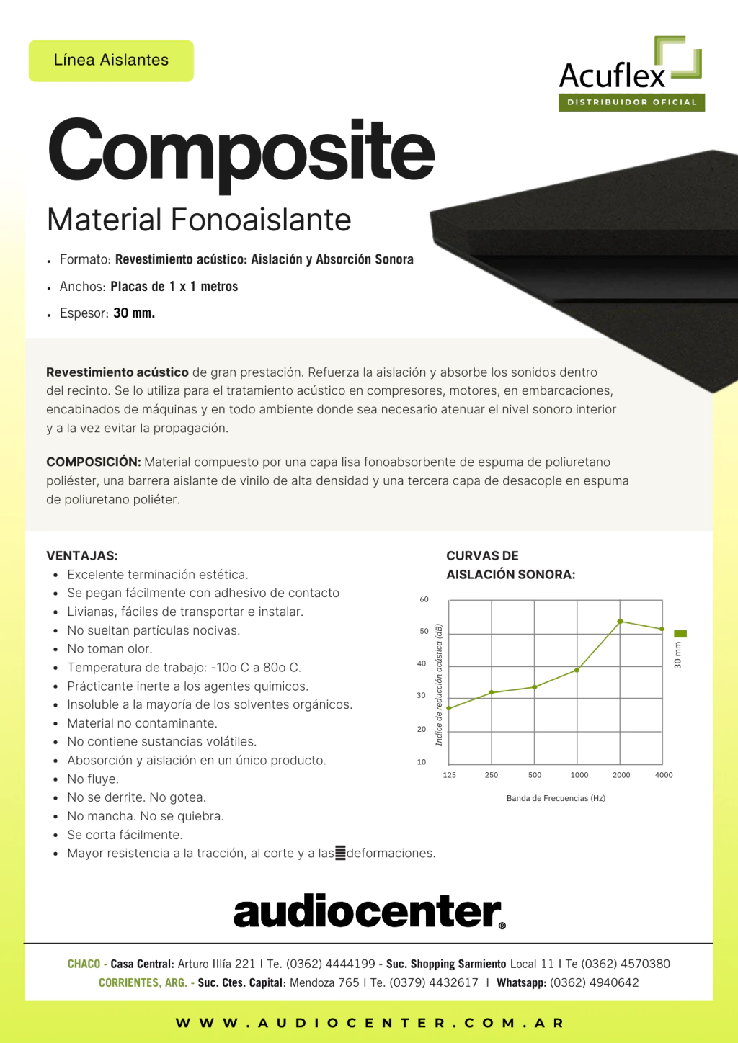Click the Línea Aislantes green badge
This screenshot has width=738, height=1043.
tap(111, 61)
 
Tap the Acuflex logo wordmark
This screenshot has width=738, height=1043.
tap(612, 76)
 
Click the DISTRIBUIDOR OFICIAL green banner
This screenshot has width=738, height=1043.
tap(631, 102)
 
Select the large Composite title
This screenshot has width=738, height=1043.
tap(241, 151)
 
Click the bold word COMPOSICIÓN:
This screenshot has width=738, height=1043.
tap(94, 462)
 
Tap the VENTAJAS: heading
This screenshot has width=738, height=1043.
tap(82, 556)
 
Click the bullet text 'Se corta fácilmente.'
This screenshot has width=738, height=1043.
tap(125, 835)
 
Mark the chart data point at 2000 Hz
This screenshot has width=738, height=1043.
tap(621, 621)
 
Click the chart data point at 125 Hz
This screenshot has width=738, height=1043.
tap(449, 708)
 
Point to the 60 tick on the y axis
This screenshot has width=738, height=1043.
tap(424, 599)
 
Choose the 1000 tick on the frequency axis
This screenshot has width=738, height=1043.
tap(579, 775)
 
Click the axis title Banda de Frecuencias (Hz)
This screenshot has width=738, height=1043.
tap(556, 798)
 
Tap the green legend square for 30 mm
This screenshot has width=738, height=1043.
tap(680, 634)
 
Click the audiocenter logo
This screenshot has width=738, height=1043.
tap(369, 912)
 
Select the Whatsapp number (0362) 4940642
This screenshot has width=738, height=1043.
tap(594, 982)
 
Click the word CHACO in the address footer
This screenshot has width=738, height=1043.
tap(84, 964)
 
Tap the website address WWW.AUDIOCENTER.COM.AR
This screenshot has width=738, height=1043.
tap(369, 1023)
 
